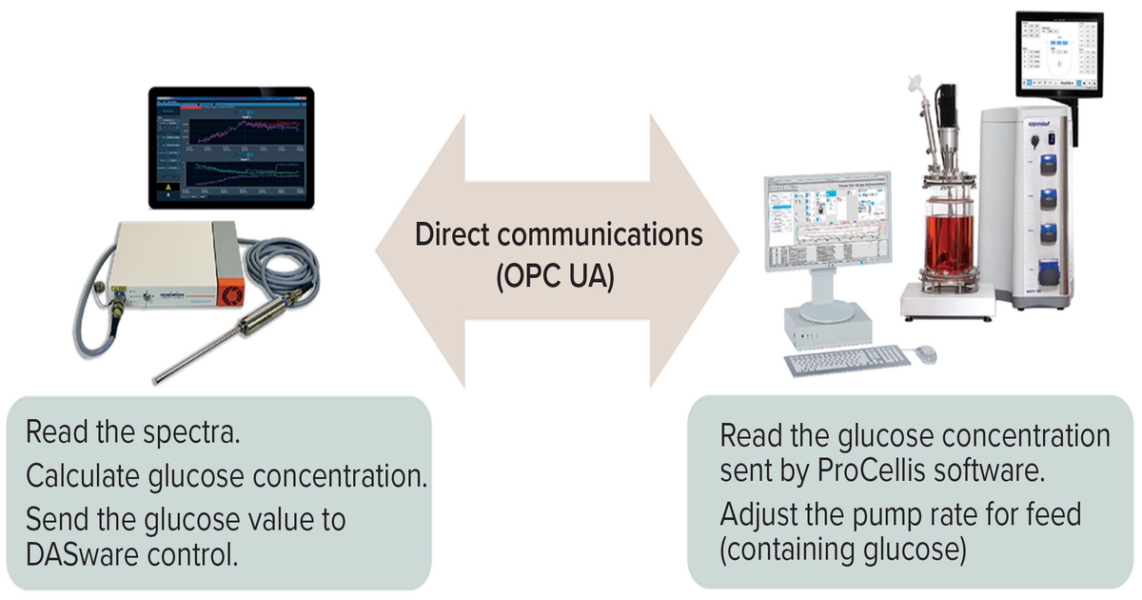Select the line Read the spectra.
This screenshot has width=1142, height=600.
(133, 433)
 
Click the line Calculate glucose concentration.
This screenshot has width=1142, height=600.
(225, 475)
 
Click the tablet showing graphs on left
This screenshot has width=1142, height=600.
(231, 148)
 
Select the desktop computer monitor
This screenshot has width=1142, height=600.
(827, 229)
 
